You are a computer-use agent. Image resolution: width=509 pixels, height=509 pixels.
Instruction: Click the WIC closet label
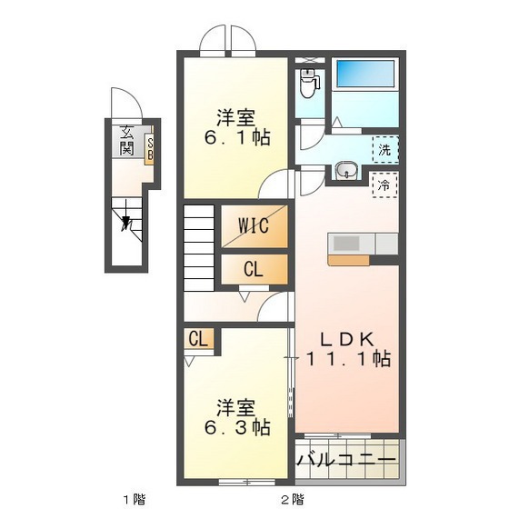[x=254, y=226]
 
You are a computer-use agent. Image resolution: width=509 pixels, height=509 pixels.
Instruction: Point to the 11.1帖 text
[x=348, y=359]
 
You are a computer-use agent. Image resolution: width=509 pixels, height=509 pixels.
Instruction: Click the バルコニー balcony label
[x=346, y=460]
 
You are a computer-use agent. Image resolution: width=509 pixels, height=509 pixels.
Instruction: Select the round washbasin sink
[x=345, y=171]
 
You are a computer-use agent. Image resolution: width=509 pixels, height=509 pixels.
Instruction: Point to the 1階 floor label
[x=134, y=498]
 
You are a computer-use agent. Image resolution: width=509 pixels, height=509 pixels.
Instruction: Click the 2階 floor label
[x=291, y=498]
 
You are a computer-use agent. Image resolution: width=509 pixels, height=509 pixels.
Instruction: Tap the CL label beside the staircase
[x=254, y=269]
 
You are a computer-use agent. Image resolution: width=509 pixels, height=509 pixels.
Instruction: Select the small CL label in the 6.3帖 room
[x=199, y=340]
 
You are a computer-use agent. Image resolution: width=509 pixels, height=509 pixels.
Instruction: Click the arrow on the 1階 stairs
[x=126, y=220]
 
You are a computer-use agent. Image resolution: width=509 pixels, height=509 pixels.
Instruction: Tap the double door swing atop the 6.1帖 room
[x=230, y=40]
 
